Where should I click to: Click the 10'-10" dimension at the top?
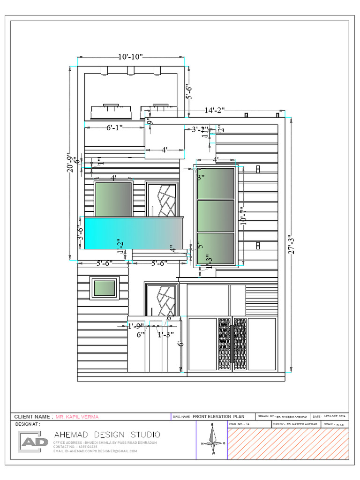tap(130, 57)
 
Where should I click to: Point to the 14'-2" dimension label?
tap(215, 110)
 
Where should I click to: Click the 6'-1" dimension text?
tap(114, 127)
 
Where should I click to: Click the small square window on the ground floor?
tap(105, 288)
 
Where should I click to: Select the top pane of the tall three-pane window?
tap(216, 183)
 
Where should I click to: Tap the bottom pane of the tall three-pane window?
tap(216, 248)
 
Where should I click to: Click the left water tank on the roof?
tap(111, 112)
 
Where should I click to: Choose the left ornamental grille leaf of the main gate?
tap(225, 345)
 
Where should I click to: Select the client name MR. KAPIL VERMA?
tap(77, 417)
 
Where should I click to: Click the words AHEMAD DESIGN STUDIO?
tap(107, 435)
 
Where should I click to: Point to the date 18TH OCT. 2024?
tap(336, 416)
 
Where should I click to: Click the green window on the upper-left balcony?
tap(113, 199)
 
